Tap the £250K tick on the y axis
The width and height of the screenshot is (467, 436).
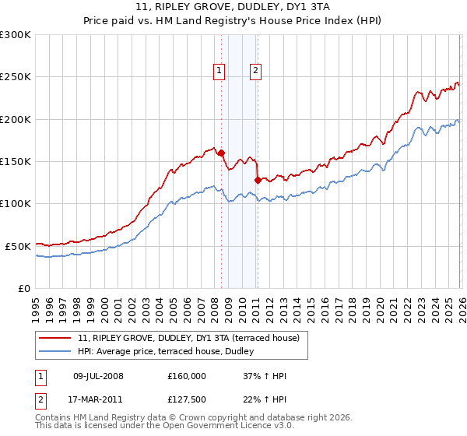(x=16, y=77)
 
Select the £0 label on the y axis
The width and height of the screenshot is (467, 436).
(x=24, y=288)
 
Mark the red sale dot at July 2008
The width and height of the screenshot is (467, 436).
(x=221, y=153)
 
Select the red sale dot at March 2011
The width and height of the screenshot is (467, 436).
(x=258, y=181)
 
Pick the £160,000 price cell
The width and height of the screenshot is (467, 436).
(x=187, y=376)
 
